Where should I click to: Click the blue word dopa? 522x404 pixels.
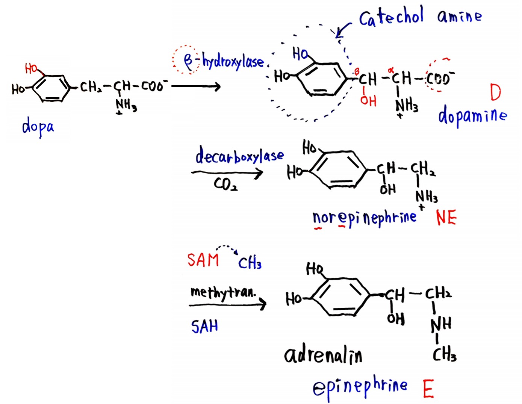tap(38, 127)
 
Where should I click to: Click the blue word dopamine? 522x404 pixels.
tap(472, 116)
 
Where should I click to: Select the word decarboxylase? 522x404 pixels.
tap(239, 156)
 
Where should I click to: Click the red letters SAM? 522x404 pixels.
tap(203, 260)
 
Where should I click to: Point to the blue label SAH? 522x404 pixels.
tap(204, 327)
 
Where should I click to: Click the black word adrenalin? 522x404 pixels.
tap(323, 354)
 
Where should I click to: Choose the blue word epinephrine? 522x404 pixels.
tap(360, 387)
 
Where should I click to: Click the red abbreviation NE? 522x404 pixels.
tap(446, 218)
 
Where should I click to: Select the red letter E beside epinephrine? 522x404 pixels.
tap(428, 389)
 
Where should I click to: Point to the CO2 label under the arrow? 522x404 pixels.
tap(225, 185)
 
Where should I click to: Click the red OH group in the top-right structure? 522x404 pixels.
tap(368, 101)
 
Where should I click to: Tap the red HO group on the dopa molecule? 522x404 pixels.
tap(32, 68)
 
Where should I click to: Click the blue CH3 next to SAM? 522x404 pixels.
tap(250, 263)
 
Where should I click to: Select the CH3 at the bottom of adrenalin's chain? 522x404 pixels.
tap(445, 354)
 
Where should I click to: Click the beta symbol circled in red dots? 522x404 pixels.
tap(188, 61)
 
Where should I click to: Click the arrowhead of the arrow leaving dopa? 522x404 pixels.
tap(217, 86)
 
